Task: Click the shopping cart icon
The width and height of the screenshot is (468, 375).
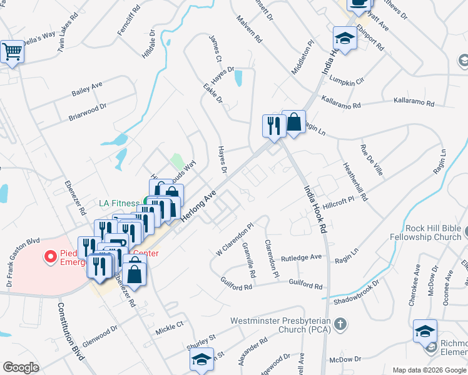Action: pos(12,52)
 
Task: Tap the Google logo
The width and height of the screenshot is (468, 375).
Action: pos(21,367)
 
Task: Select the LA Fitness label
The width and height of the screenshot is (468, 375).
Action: pos(120,203)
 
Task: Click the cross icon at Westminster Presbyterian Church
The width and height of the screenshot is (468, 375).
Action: pos(339,323)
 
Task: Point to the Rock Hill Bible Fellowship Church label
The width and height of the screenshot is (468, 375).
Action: pos(425,232)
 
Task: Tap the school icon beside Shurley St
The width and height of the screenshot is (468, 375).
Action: pos(201,359)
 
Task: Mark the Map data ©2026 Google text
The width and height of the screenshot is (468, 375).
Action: pos(429,369)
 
